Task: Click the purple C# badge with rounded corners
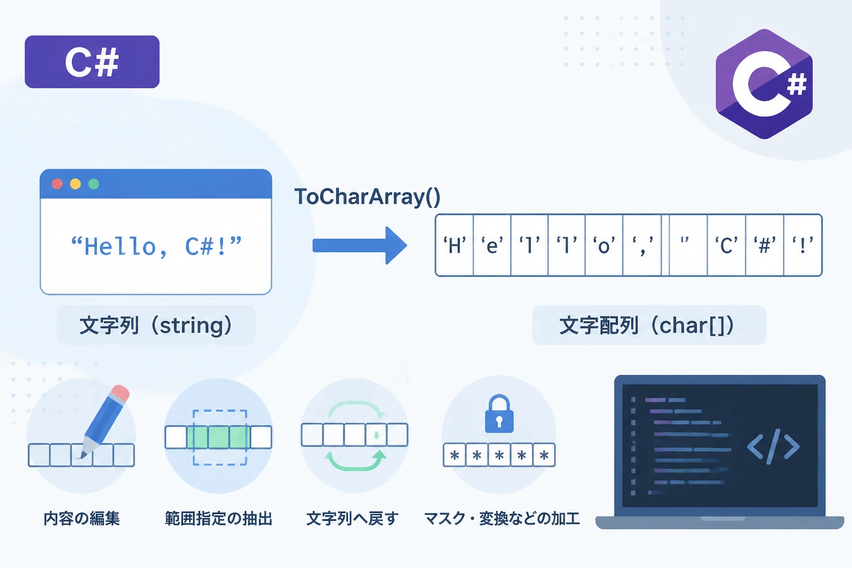(92, 62)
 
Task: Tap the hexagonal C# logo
(764, 84)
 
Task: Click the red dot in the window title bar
(58, 184)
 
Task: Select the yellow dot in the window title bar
(75, 184)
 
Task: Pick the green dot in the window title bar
(94, 184)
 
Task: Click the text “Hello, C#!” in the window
(156, 246)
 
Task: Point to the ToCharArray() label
(367, 197)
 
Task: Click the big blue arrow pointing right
(359, 245)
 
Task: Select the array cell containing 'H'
(454, 245)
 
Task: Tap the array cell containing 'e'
(492, 245)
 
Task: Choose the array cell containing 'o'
(604, 245)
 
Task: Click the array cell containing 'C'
(727, 245)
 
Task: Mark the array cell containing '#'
(764, 245)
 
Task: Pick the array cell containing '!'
(803, 245)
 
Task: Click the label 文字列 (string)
(155, 326)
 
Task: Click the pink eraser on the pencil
(120, 393)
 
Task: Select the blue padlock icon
(499, 414)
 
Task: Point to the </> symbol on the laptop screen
(773, 447)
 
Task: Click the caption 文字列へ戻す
(353, 519)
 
